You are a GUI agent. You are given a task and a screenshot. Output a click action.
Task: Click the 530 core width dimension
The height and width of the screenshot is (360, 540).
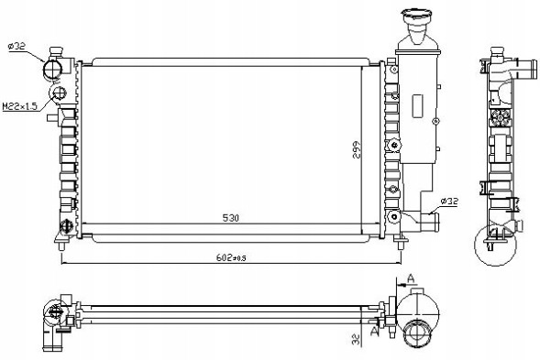click(x=231, y=218)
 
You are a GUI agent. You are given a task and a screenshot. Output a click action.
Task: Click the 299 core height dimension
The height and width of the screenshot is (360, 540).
click(x=357, y=149)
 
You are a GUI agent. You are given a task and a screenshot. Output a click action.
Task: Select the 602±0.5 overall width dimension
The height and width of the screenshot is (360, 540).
click(x=231, y=257)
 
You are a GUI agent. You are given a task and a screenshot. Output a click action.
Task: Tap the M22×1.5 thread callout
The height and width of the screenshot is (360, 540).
click(x=19, y=106)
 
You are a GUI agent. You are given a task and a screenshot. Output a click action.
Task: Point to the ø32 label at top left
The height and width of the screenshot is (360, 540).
click(x=17, y=46)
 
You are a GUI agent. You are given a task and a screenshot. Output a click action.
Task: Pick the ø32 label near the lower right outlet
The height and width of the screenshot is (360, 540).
click(x=449, y=202)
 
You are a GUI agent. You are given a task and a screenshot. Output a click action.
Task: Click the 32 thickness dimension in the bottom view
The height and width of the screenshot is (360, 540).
click(x=357, y=339)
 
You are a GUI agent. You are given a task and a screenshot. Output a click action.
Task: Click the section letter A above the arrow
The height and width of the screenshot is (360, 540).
click(x=411, y=278)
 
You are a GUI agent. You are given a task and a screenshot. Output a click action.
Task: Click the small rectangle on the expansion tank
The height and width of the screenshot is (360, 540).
click(x=418, y=106)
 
